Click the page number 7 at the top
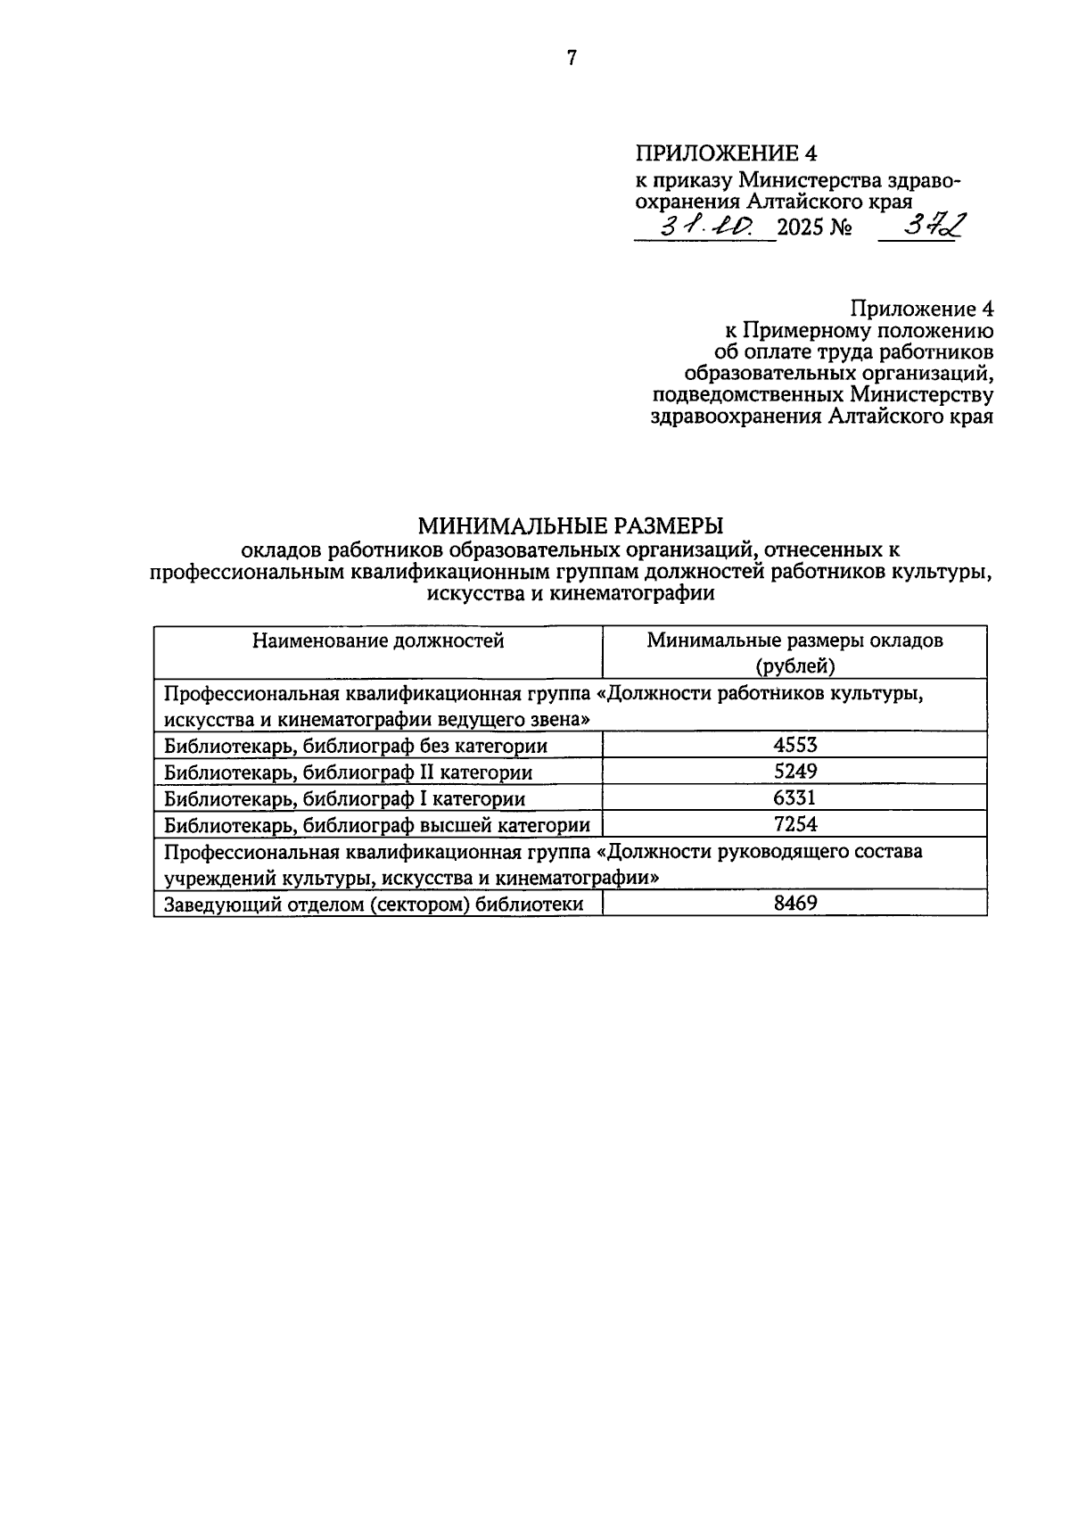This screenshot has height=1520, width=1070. (x=572, y=59)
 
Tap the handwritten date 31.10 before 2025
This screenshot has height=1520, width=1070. (x=704, y=228)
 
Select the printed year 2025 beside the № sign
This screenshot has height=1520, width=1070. (x=802, y=229)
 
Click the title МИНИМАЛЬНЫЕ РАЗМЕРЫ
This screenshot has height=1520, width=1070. (x=571, y=525)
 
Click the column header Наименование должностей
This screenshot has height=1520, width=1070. (x=378, y=640)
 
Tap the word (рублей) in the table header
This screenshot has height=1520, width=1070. (x=794, y=665)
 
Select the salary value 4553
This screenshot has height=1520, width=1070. (x=794, y=745)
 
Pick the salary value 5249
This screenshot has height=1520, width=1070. (x=794, y=772)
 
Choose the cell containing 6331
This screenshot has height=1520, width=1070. (x=794, y=797)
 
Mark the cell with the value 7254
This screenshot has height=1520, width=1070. (x=794, y=824)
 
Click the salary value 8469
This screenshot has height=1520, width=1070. (x=794, y=904)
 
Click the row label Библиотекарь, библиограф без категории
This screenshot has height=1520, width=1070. (x=356, y=746)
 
